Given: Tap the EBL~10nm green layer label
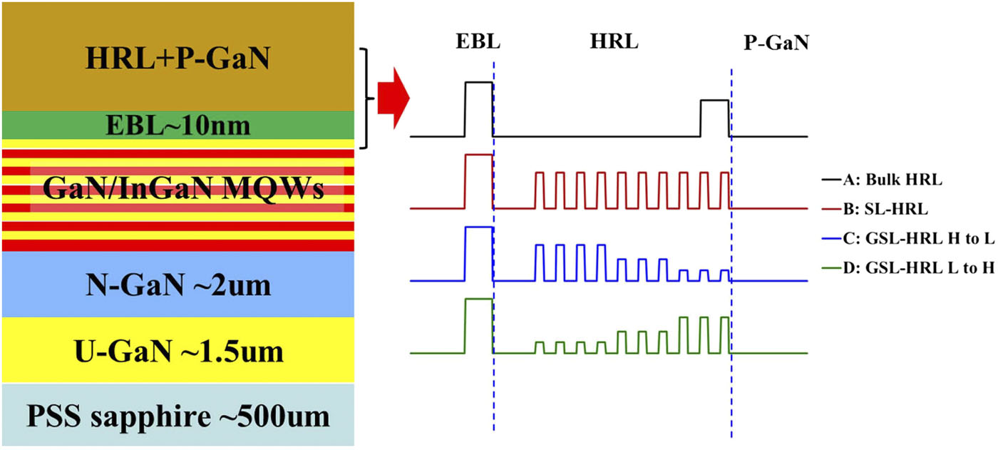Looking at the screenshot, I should coord(178,126).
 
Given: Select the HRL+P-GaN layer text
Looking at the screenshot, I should coord(178,58).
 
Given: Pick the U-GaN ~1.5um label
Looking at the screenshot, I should coord(178,352).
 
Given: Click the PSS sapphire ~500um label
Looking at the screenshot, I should coord(178,416).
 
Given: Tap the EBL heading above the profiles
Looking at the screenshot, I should coord(478,42).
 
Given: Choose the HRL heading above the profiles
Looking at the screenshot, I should coord(614,42).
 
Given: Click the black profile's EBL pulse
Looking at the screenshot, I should coord(478,107).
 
